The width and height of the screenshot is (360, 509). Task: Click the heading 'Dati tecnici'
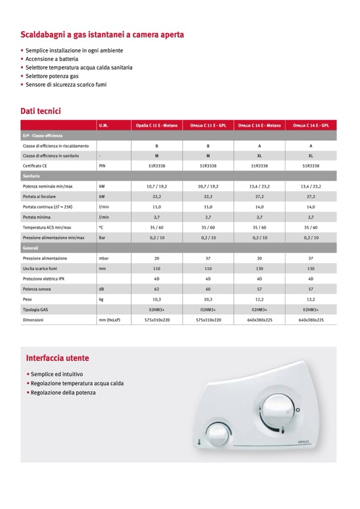[40, 111]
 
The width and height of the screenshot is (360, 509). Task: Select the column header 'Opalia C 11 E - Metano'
[157, 126]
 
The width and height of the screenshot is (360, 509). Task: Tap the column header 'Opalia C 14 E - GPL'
[311, 126]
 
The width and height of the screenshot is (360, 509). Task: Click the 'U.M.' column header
[104, 126]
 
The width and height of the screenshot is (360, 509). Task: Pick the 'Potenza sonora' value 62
[157, 289]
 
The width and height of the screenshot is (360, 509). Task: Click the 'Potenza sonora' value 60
[208, 289]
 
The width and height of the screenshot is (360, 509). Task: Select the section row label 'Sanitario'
[31, 176]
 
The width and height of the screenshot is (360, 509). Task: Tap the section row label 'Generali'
[31, 248]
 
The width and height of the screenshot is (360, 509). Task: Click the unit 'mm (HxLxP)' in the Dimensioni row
[109, 321]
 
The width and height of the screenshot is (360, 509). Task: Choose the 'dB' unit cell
[101, 289]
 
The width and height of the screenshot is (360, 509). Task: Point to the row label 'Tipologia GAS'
[36, 310]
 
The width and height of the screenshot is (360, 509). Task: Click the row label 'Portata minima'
[37, 217]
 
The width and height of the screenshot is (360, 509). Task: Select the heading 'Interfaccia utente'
[57, 358]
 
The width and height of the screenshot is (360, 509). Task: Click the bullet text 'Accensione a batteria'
[52, 59]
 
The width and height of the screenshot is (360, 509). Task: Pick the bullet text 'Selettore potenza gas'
[52, 76]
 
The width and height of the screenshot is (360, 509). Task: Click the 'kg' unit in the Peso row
[101, 300]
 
